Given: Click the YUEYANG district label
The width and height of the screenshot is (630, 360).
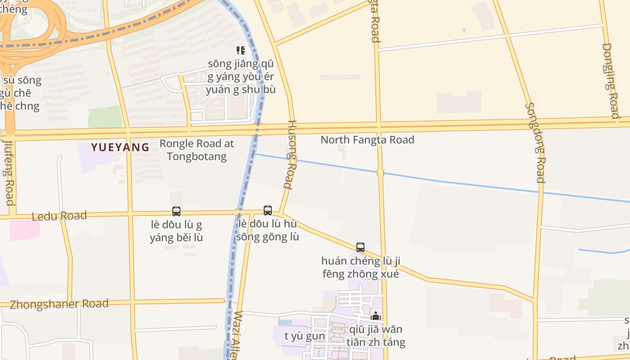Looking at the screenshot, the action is pos(120,147).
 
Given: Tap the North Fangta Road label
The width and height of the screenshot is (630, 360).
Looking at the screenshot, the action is pos(367,140).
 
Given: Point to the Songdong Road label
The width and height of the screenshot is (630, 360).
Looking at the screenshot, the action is pos(535,143).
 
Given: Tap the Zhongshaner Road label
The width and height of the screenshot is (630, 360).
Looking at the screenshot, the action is pos(59,304).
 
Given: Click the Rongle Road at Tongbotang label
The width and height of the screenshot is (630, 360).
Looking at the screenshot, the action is pos(197,150).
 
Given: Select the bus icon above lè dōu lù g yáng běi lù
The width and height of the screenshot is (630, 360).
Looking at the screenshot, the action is pos(176,211).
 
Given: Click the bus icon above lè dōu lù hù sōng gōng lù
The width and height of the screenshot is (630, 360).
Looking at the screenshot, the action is pos(268,210).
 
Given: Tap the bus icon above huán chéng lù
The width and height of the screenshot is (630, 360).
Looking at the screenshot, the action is pos(360,247).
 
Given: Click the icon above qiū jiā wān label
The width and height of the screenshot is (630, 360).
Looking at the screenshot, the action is pos(376,316).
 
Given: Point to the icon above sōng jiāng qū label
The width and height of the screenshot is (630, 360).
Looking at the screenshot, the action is pos(241,50).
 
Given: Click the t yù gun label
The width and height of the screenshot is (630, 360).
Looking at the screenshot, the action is pos(305,336).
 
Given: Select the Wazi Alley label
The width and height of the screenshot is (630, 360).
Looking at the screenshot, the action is pos(238,335).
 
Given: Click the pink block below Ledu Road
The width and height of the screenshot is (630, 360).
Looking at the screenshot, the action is pos(25,230).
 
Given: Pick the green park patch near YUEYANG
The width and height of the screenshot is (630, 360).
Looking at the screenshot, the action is pos(105,117).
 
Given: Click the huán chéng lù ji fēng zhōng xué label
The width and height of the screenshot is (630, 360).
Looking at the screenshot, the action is pos(360,267).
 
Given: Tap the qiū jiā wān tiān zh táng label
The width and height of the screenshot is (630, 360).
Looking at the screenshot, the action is pos(376,336).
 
